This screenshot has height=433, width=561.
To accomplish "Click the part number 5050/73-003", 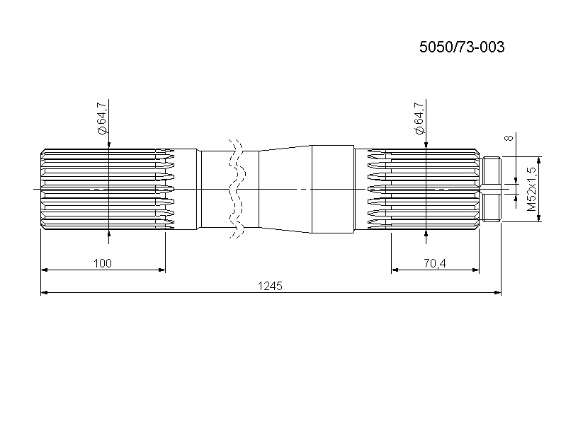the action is click(x=462, y=47).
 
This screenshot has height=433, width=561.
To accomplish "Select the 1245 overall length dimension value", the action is click(x=270, y=286).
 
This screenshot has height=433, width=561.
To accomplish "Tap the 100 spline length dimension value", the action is click(x=102, y=263).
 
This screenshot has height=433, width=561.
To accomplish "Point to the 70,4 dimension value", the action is click(x=435, y=263).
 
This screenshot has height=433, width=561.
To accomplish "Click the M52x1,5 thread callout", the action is click(x=532, y=189).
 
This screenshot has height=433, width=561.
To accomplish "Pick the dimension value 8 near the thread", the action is click(x=509, y=137).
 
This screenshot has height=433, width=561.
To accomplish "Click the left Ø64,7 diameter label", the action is click(x=101, y=118).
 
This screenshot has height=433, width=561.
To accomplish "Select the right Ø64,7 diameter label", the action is click(x=419, y=118).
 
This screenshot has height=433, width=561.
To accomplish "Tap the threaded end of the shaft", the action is click(x=492, y=189).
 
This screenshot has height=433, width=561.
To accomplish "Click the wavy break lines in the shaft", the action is click(x=237, y=189).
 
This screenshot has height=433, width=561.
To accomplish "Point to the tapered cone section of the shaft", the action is click(x=285, y=189).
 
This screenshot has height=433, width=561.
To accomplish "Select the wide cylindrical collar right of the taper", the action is click(x=333, y=189).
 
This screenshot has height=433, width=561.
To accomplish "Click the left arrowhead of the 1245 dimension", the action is click(x=44, y=293).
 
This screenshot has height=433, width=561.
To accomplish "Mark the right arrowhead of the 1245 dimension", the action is click(x=498, y=293).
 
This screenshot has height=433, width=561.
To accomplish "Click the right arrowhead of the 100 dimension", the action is click(x=162, y=270).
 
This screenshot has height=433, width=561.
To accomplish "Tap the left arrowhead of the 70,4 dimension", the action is click(x=395, y=270).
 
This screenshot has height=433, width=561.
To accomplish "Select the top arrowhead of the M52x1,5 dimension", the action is click(x=540, y=160).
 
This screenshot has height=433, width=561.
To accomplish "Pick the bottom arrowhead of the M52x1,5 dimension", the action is click(x=540, y=218).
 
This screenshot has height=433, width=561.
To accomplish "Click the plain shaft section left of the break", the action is click(x=215, y=189).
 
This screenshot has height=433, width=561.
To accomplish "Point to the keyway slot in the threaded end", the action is click(x=492, y=189).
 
